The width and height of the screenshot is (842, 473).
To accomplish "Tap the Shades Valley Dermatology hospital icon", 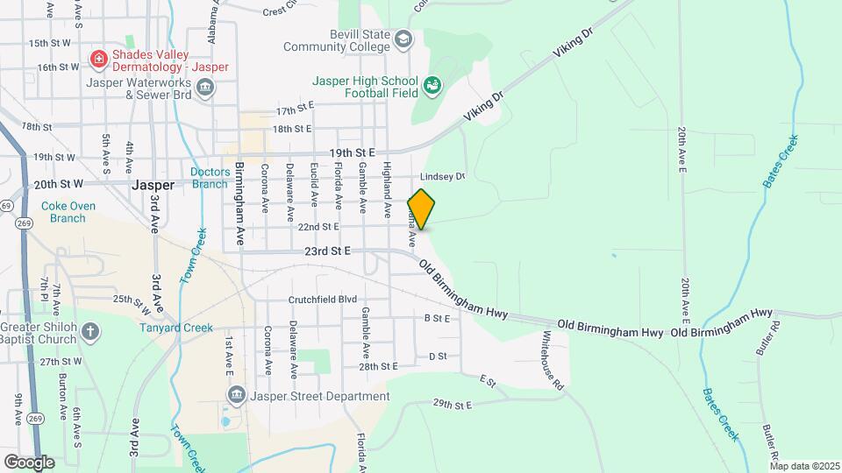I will [x=99, y=60].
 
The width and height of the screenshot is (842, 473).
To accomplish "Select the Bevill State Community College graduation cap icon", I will [x=403, y=39].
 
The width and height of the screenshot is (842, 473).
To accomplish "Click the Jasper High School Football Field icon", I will [x=432, y=85].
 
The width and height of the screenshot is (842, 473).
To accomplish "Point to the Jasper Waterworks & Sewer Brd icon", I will [x=205, y=87].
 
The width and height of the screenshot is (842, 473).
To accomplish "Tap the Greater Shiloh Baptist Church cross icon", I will [x=91, y=332].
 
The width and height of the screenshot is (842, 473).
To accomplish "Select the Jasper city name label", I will [x=153, y=186].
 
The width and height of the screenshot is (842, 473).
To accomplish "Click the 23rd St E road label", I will [x=327, y=251].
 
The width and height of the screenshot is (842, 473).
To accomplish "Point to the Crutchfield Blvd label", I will [x=323, y=300].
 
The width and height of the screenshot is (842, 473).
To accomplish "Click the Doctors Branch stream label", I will [x=210, y=178].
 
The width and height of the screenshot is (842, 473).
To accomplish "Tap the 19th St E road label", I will [x=352, y=152].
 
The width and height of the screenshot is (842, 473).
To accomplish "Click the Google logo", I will [x=29, y=462].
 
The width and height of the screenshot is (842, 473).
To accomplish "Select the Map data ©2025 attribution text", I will [x=803, y=466].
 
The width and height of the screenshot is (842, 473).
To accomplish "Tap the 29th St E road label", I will [x=453, y=404].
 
